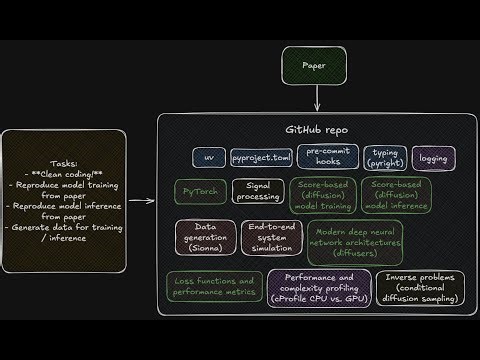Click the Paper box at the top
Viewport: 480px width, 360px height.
[x=317, y=67]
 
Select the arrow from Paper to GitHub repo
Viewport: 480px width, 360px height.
[x=317, y=98]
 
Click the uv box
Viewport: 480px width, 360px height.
[x=209, y=157]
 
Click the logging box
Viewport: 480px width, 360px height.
[x=433, y=157]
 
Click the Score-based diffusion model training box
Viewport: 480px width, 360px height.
[x=322, y=196]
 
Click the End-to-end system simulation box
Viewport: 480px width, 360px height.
[x=270, y=239]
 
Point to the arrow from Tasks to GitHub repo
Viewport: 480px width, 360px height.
[x=142, y=200]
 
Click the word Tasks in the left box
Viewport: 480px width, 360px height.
[x=64, y=164]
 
